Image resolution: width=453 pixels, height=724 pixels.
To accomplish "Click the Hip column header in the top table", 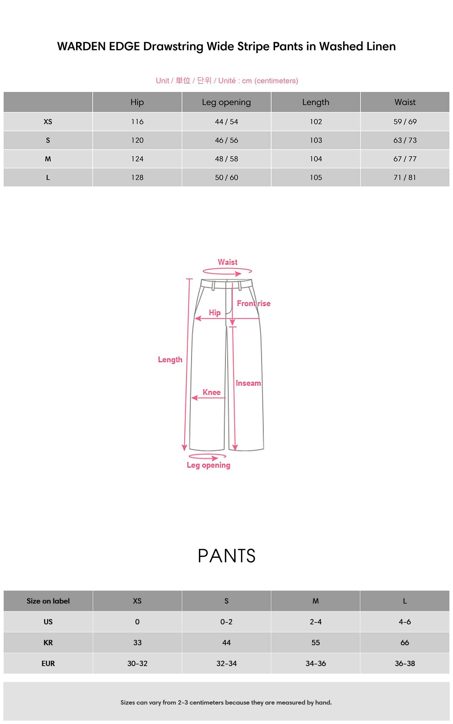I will (137, 102).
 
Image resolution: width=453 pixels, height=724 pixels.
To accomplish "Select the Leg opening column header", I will (226, 102).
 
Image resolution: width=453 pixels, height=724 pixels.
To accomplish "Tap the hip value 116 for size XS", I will (137, 122).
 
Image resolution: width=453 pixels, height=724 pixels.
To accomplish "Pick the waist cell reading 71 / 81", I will (405, 177).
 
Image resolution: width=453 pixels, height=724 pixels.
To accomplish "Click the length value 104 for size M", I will (316, 159).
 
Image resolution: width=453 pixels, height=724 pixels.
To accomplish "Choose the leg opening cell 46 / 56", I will (226, 140).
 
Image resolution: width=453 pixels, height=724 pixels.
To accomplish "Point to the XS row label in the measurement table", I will (48, 122).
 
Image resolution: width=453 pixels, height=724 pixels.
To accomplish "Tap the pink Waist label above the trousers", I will (228, 262).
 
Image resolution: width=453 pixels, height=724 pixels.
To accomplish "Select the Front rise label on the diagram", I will (253, 303).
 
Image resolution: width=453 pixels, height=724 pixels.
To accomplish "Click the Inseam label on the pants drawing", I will (248, 383).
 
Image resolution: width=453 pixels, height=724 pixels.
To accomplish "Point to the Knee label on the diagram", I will (211, 392).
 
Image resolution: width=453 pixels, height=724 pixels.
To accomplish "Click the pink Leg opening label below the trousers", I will (208, 465).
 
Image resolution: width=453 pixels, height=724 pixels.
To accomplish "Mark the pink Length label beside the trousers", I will (170, 360).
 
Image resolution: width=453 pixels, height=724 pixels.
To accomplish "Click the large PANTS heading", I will (226, 556).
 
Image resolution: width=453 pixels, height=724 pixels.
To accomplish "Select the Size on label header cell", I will (48, 601).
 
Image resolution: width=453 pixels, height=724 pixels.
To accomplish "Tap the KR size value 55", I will (316, 643).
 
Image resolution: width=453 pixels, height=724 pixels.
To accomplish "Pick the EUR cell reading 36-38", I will (405, 663).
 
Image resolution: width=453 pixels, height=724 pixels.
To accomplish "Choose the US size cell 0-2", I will (226, 622).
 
